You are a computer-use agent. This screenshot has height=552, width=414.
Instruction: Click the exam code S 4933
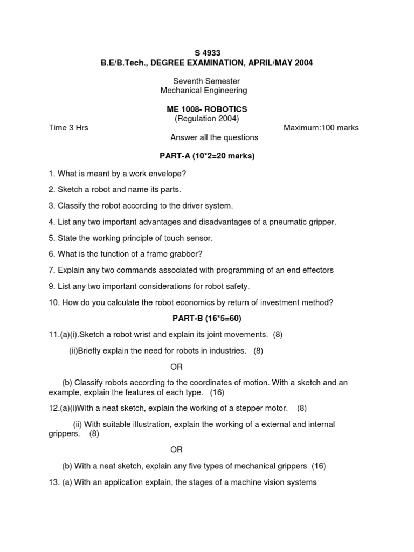pyautogui.click(x=207, y=53)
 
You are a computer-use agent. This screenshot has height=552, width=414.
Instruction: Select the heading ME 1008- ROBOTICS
pyautogui.click(x=207, y=109)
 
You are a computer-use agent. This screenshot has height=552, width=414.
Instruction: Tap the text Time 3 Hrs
pyautogui.click(x=68, y=128)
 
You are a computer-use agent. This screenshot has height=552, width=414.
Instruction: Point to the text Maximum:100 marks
pyautogui.click(x=321, y=128)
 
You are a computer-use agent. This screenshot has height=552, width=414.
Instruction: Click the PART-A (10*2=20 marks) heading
pyautogui.click(x=207, y=156)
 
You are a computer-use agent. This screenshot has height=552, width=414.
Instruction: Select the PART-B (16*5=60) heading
pyautogui.click(x=207, y=318)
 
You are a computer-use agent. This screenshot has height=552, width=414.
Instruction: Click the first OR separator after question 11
pyautogui.click(x=177, y=367)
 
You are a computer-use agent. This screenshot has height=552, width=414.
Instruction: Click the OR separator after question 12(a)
pyautogui.click(x=177, y=450)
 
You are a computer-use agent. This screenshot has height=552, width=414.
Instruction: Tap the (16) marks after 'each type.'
pyautogui.click(x=217, y=392)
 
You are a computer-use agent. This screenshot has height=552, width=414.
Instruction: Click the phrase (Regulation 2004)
pyautogui.click(x=207, y=119)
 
